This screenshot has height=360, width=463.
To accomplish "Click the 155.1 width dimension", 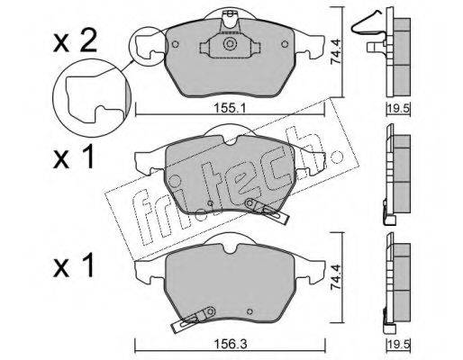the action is [x=230, y=108].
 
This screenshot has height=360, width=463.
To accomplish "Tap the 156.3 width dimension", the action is [x=231, y=344].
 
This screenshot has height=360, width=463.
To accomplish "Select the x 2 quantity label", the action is [x=75, y=43].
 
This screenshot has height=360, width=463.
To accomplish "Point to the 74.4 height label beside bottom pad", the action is [x=335, y=276].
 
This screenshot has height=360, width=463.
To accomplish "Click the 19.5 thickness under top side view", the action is [x=399, y=108].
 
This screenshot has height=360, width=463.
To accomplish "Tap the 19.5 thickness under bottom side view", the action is [x=399, y=344].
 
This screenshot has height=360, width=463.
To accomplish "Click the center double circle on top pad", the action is [x=230, y=45].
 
